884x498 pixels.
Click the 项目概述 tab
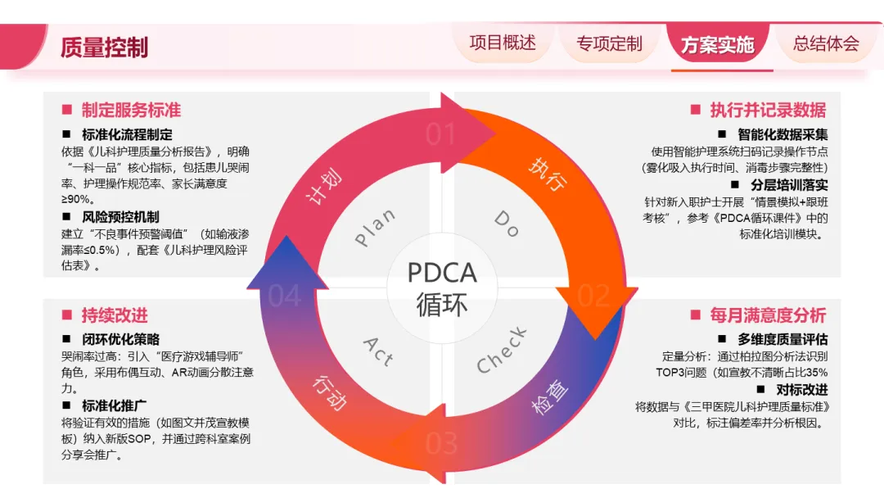(503, 43)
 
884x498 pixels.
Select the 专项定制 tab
(609, 43)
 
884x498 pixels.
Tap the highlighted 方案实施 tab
(717, 44)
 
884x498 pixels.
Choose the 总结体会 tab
(826, 43)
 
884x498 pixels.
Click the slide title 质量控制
(104, 48)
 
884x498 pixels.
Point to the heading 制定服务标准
(131, 110)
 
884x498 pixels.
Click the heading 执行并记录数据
(768, 110)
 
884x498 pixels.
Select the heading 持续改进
(115, 315)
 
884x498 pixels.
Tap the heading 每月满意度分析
(768, 315)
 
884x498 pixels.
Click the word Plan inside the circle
(375, 227)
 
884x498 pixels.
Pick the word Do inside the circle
(507, 223)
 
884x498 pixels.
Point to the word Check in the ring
(502, 350)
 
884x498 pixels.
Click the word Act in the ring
(378, 351)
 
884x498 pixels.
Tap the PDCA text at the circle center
(442, 271)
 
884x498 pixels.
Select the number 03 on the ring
(441, 443)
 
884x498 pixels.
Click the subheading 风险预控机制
(120, 217)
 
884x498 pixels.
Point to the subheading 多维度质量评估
(783, 339)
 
